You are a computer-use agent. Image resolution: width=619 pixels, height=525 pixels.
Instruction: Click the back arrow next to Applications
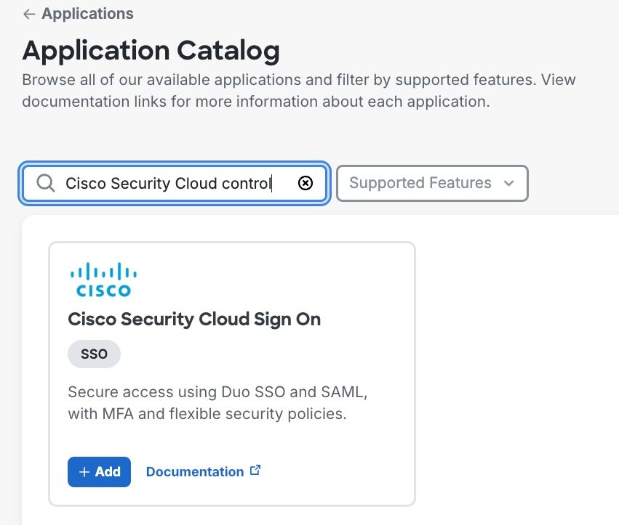[29, 15]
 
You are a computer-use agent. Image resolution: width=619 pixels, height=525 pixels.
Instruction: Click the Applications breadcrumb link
[87, 14]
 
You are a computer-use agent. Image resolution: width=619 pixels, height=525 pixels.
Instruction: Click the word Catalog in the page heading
[228, 51]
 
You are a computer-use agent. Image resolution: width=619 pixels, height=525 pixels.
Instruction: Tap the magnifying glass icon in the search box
[45, 183]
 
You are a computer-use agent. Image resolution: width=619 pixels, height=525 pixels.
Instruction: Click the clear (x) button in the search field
[305, 183]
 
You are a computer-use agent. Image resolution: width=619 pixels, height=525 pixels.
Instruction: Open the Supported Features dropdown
[432, 183]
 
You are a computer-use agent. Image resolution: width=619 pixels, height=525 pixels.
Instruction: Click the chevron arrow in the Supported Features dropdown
[509, 183]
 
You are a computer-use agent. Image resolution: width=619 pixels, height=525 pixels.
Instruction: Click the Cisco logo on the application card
[103, 280]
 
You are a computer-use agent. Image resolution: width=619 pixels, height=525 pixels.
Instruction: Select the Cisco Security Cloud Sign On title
[194, 319]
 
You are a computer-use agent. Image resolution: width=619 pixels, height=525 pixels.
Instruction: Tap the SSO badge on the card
[94, 354]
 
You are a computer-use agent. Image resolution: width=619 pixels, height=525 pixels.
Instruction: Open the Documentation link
[195, 472]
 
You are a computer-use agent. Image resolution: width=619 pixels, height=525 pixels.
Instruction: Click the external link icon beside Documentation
[255, 471]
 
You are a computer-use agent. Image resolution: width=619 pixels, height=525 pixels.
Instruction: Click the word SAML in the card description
[344, 392]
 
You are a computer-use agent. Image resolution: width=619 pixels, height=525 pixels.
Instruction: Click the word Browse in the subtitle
[49, 80]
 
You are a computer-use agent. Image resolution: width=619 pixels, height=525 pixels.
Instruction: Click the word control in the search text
[247, 183]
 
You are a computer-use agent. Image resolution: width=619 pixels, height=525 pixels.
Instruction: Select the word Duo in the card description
[236, 392]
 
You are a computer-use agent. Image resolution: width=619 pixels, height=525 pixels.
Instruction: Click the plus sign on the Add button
[84, 472]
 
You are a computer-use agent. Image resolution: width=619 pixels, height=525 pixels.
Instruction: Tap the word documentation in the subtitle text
[75, 102]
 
